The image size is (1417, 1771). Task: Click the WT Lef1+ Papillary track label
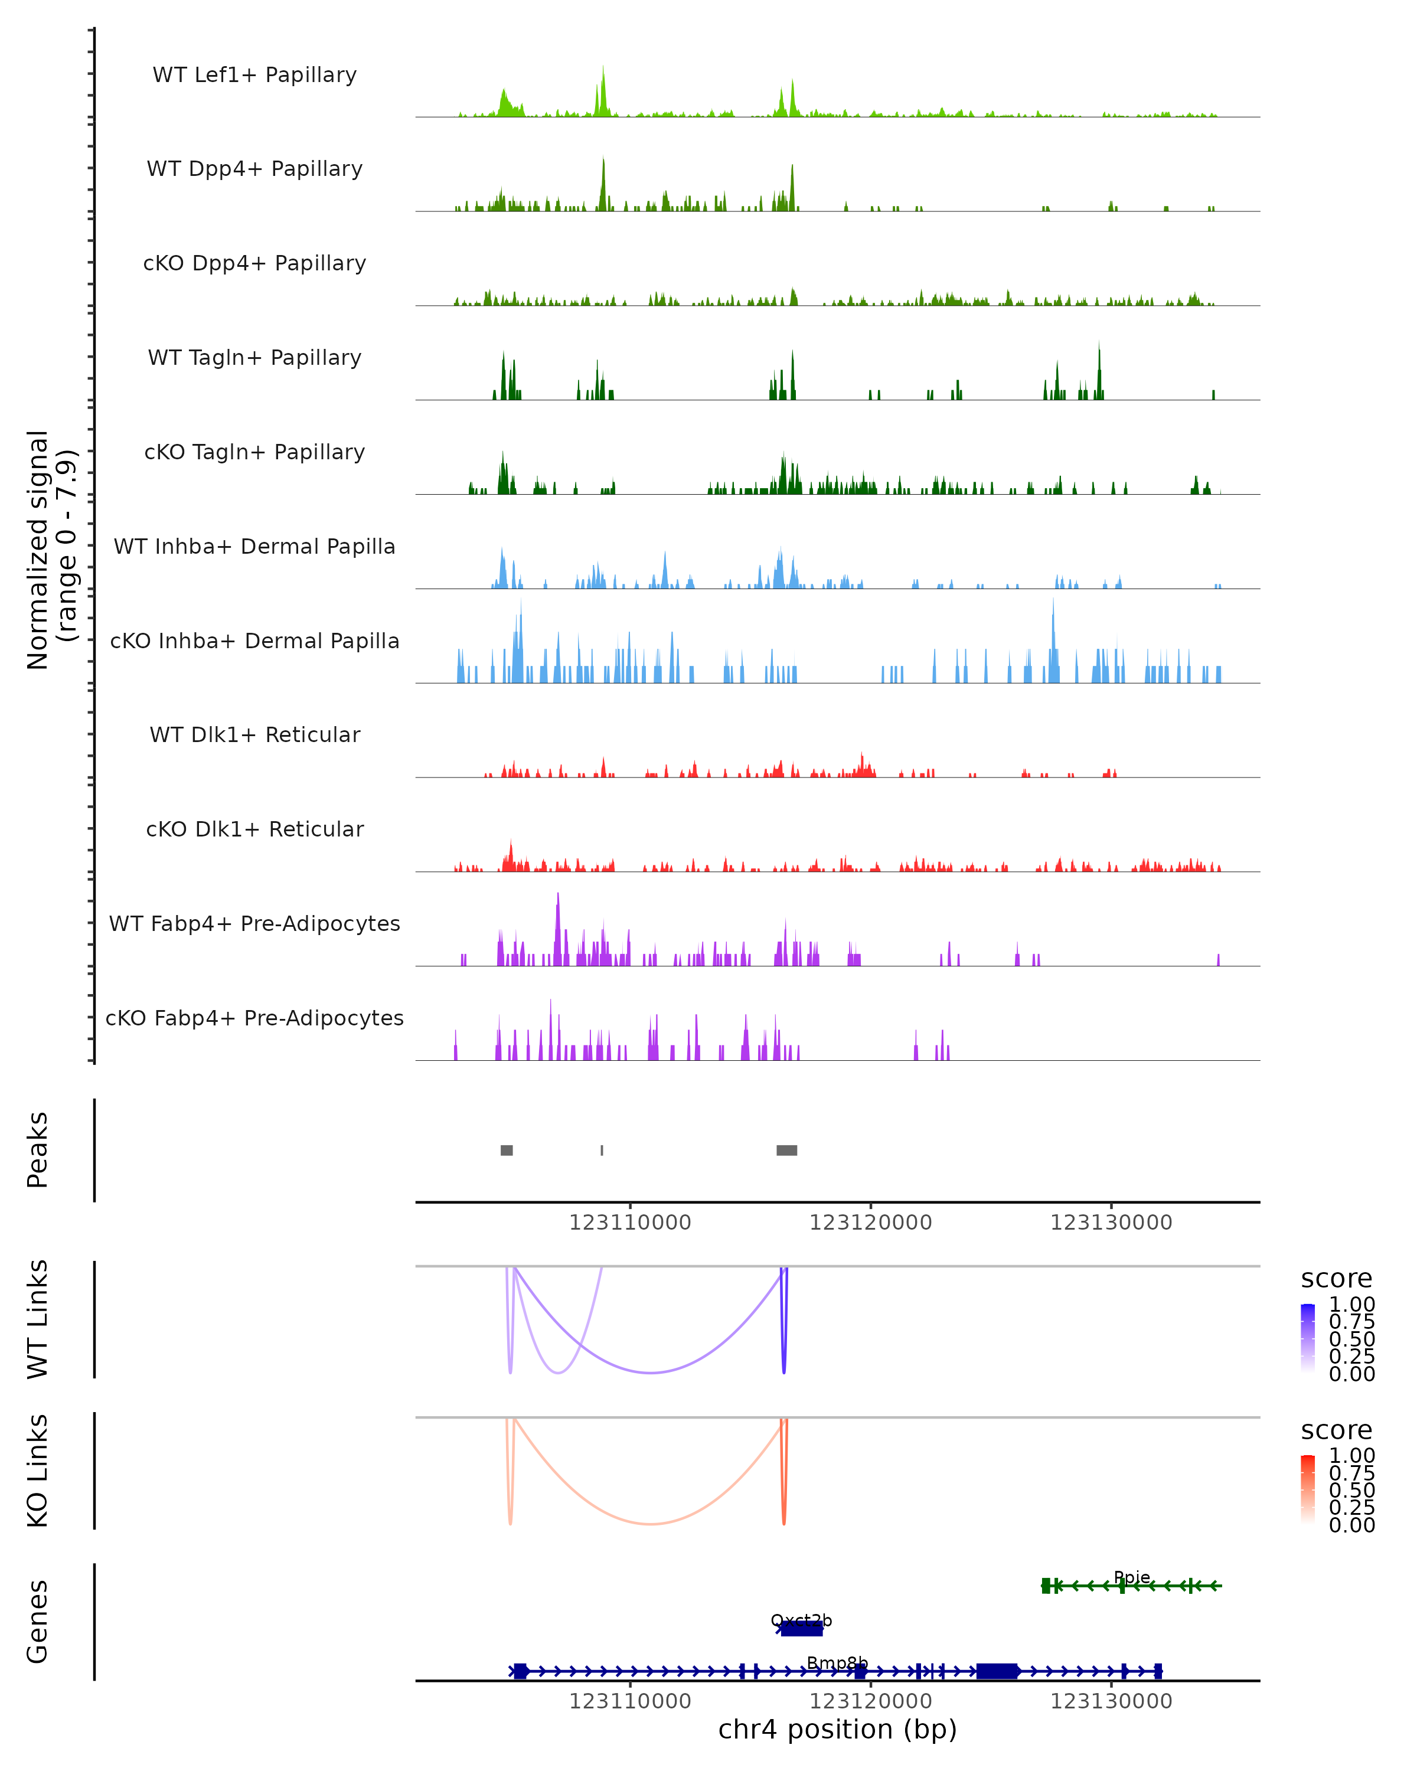click(254, 76)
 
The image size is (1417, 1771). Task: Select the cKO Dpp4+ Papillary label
click(254, 264)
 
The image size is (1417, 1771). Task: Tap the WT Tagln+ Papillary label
click(254, 358)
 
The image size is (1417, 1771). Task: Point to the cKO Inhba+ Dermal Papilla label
click(254, 642)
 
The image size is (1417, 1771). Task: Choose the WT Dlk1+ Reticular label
click(254, 735)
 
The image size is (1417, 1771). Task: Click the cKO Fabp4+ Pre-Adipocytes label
click(254, 1018)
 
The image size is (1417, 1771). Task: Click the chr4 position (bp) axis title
click(837, 1729)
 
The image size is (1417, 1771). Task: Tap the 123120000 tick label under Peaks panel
click(871, 1223)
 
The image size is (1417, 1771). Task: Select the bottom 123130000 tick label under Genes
click(1111, 1701)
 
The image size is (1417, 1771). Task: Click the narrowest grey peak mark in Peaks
click(602, 1151)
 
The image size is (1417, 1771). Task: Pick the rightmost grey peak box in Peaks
click(787, 1151)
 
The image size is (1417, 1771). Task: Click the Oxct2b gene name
click(801, 1620)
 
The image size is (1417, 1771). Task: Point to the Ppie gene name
click(1132, 1577)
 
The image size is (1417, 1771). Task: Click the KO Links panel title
click(38, 1471)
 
